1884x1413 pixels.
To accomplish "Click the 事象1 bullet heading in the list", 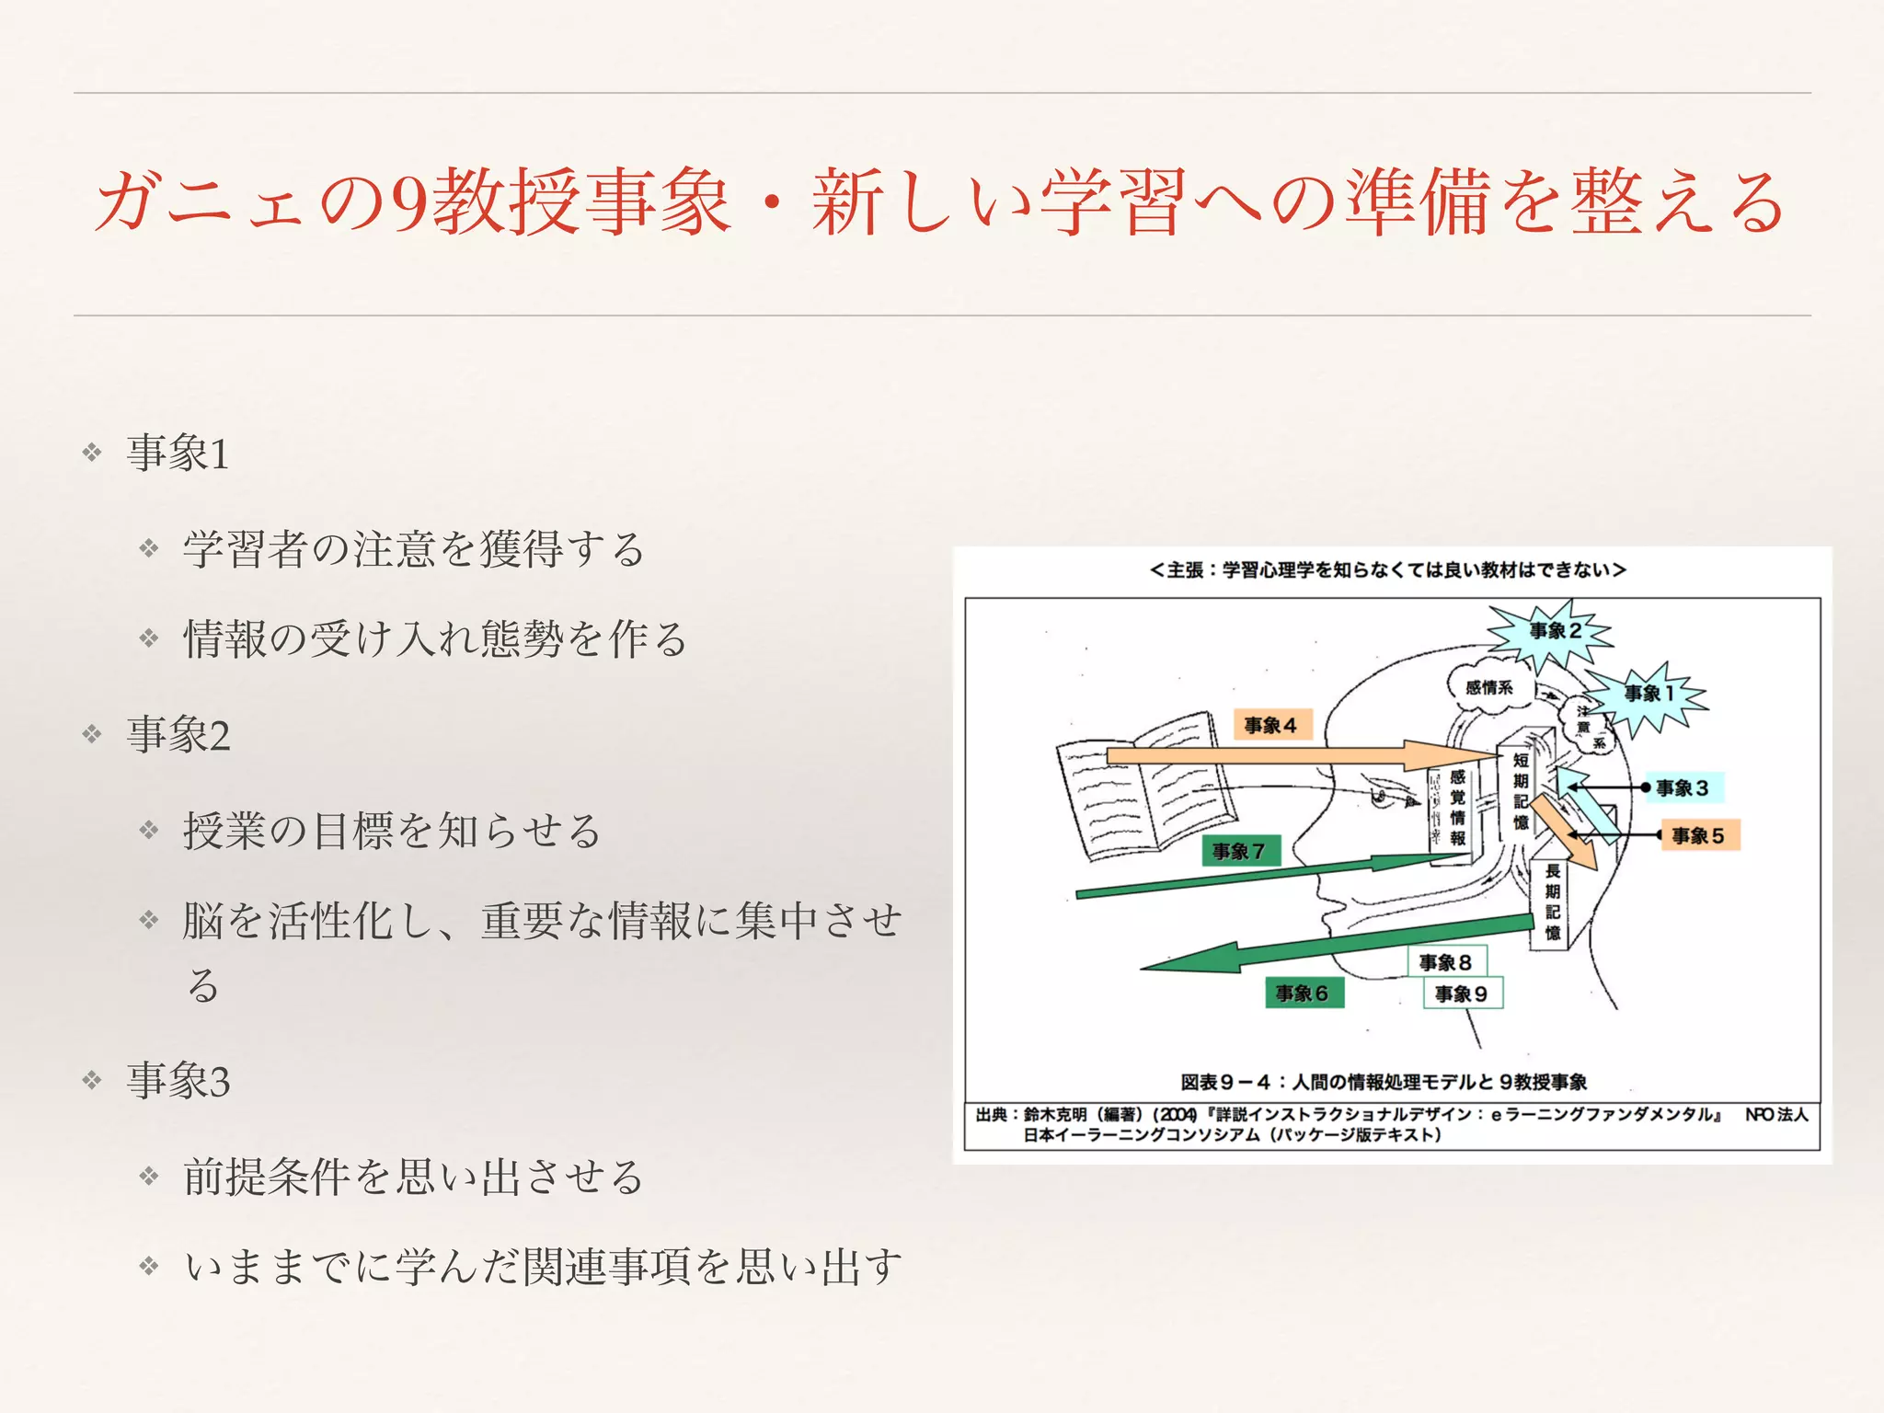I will point(178,453).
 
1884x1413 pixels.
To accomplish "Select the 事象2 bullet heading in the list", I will point(178,735).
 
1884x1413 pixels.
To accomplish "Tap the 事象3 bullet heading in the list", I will point(178,1080).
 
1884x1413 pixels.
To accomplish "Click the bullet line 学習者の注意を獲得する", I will point(414,549).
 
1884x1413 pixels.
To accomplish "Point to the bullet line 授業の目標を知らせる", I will point(392,831).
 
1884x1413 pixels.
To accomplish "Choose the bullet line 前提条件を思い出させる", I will point(413,1177).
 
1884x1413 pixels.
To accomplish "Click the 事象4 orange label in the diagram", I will point(1270,726).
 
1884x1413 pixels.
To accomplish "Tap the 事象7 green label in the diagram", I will point(1238,851).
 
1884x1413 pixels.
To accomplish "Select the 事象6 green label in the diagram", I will point(1302,994).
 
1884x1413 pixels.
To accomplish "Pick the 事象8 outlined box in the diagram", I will point(1445,962).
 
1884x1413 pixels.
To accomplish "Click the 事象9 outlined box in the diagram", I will point(1461,994).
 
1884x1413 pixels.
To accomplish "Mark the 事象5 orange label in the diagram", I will point(1698,835).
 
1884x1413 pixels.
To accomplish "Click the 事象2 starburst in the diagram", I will point(1555,631).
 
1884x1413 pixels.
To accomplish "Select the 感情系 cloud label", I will point(1488,687).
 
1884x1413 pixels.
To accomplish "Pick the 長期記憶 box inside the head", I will point(1552,902).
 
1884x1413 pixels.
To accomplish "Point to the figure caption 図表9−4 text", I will point(1384,1082).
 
